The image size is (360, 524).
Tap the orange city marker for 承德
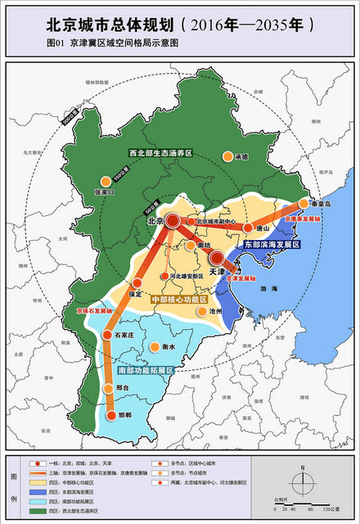[x=227, y=156]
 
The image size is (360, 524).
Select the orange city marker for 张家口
[x=105, y=182]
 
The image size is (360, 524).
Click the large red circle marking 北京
[x=174, y=221]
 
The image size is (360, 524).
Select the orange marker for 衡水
[x=154, y=347]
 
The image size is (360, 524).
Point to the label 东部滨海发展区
[x=272, y=245]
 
